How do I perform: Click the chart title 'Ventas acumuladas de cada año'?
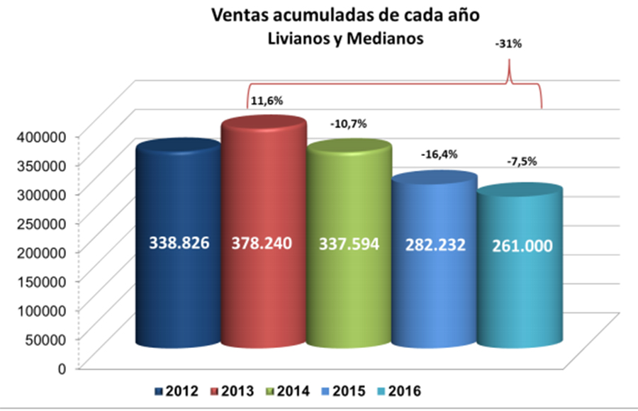345,15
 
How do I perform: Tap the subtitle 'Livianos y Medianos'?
345,39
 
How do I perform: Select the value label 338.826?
179,243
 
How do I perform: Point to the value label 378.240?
262,243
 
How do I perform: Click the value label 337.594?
349,244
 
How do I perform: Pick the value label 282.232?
435,245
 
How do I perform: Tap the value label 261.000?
522,246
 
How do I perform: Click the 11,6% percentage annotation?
267,101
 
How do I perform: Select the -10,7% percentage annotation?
349,124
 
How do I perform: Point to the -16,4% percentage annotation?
440,154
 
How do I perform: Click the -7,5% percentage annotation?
522,162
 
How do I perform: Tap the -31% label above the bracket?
508,44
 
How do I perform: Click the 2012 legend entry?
177,391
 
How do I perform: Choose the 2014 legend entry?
288,391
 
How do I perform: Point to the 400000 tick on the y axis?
41,137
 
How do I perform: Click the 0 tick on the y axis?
62,368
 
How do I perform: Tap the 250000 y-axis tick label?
41,224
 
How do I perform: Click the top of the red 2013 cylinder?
264,123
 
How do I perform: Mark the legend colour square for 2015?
325,391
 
